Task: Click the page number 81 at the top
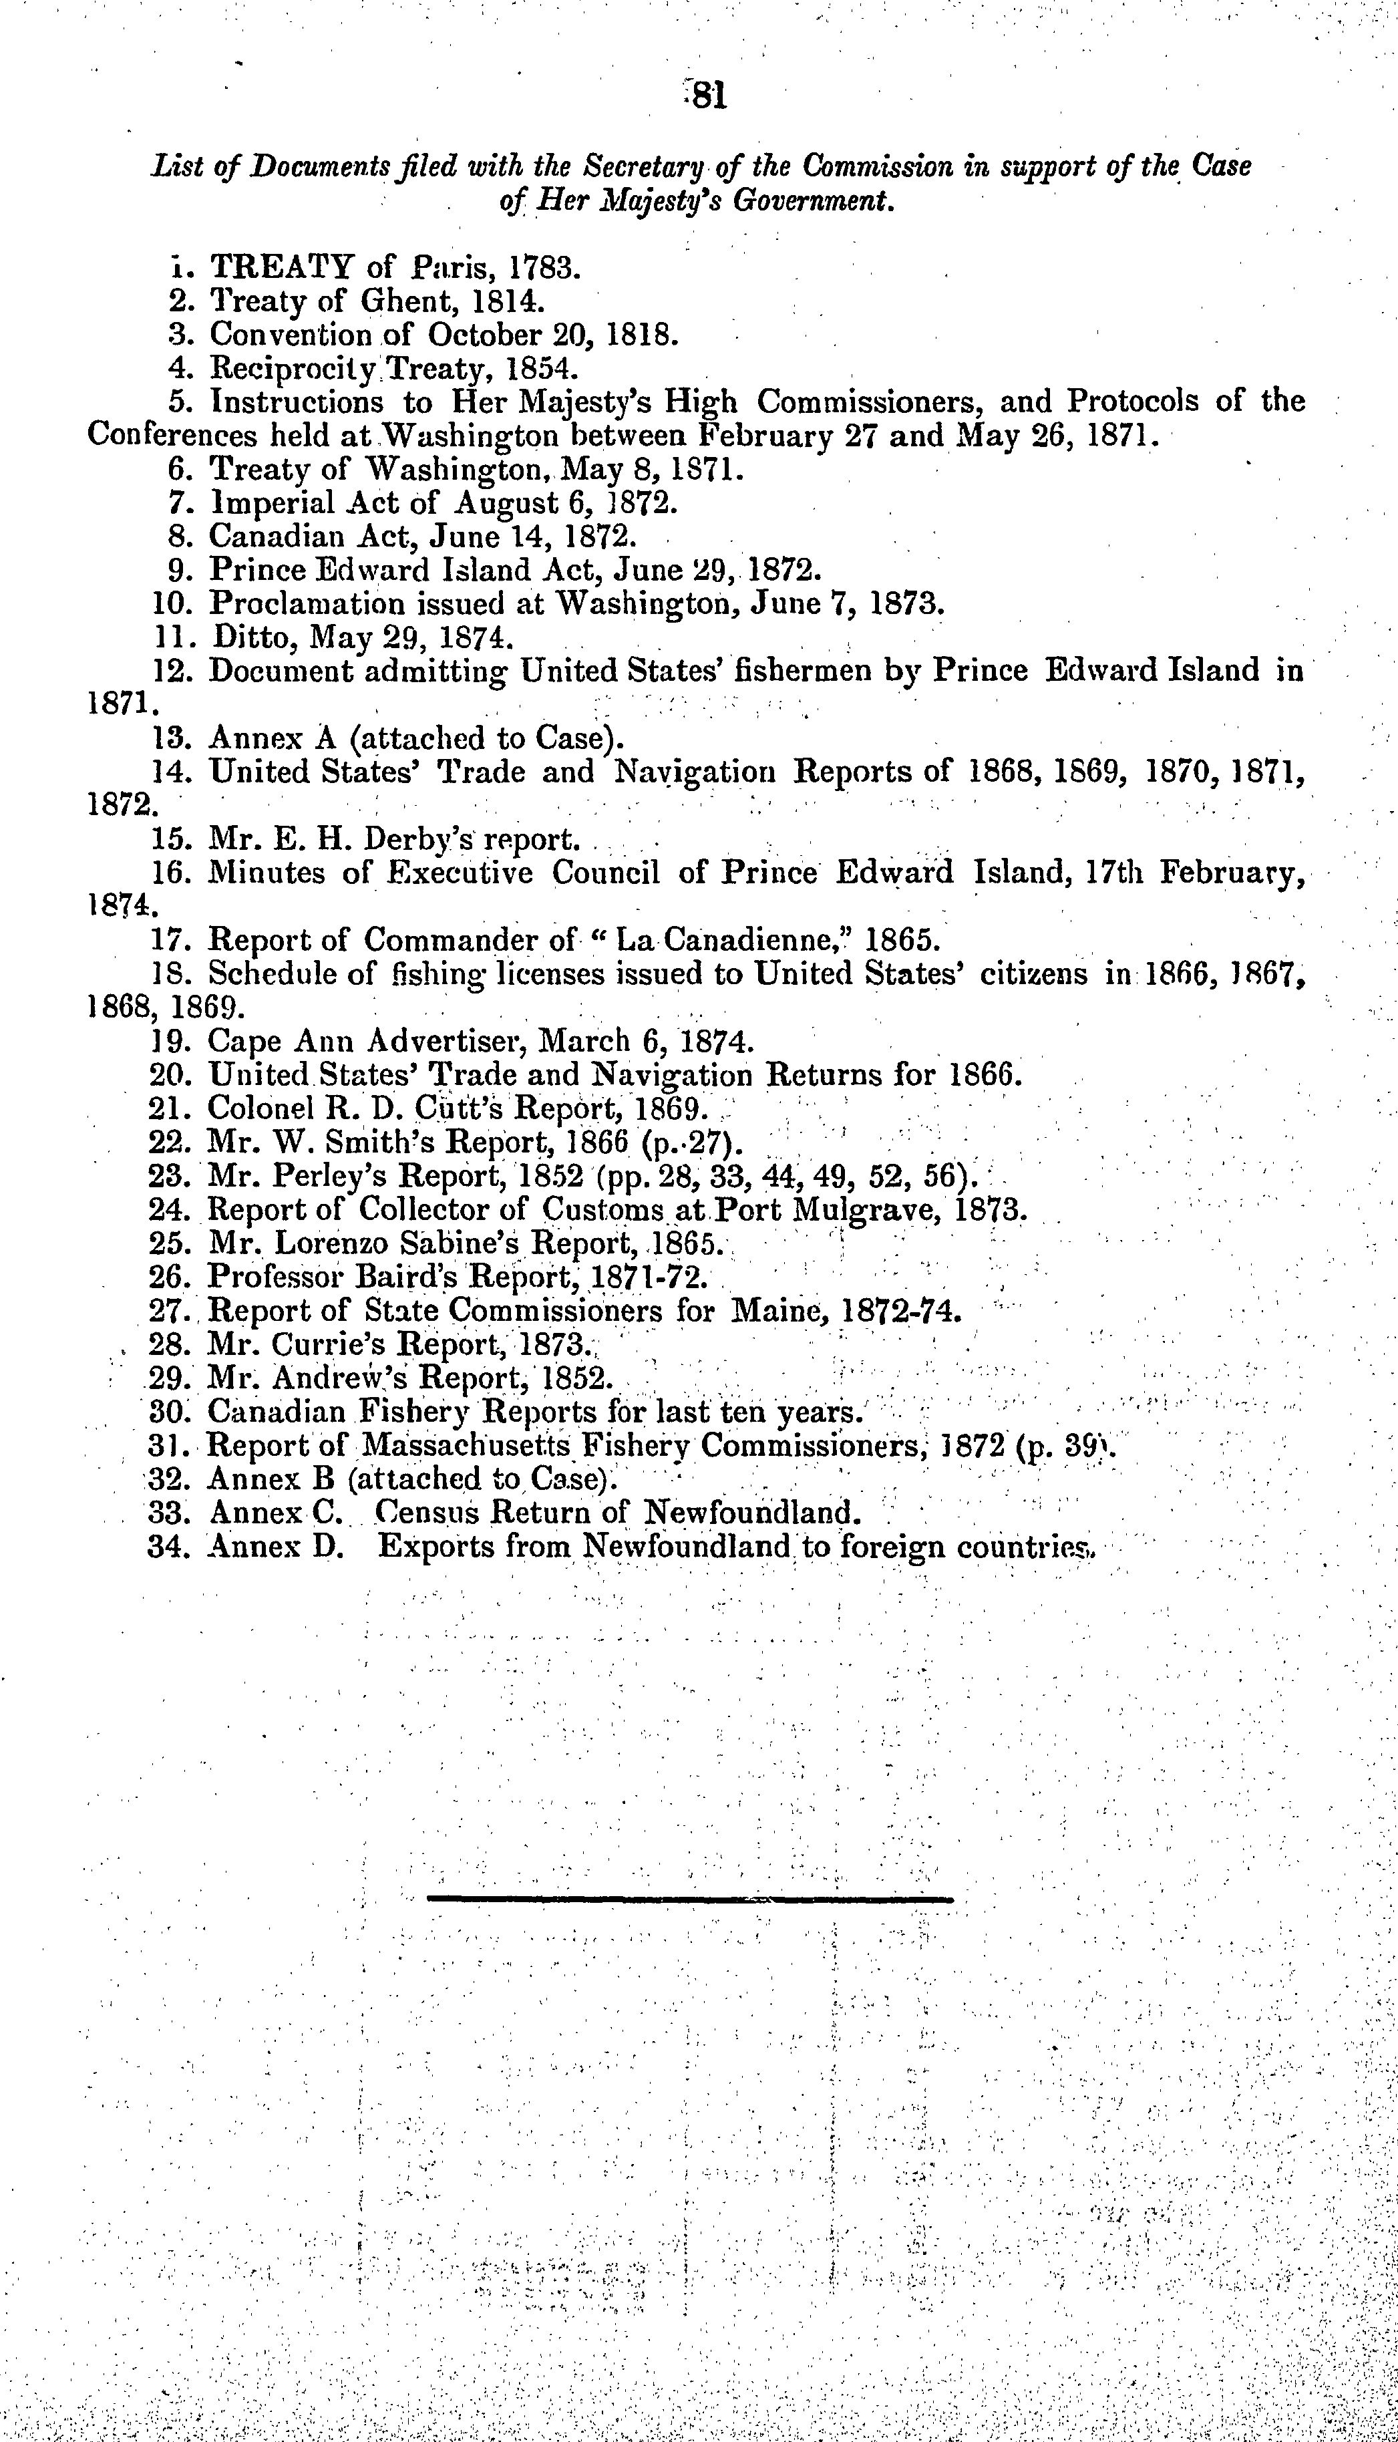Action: [x=707, y=96]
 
